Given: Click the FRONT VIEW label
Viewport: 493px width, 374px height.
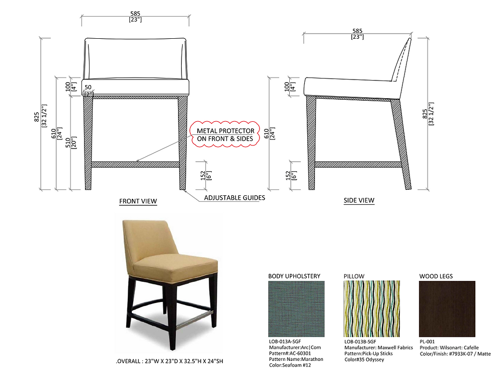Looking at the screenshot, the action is click(x=138, y=201).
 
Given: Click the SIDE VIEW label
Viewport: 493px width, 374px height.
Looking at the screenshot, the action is click(x=359, y=200).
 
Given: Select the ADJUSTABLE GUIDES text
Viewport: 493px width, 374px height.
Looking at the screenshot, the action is click(x=234, y=197).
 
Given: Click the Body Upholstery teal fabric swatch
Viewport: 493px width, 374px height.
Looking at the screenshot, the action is click(x=296, y=309).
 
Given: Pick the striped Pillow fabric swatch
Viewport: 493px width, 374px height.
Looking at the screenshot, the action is click(x=372, y=309).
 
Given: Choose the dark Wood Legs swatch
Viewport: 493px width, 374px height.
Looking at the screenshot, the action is click(x=447, y=309).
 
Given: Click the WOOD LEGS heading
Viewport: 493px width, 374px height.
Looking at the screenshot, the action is click(x=436, y=276).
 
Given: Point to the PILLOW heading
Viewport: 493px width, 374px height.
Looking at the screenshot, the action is click(x=354, y=276).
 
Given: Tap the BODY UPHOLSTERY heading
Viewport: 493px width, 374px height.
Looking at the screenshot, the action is click(x=294, y=276).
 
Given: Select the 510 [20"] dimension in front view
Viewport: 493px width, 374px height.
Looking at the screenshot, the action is click(x=71, y=142).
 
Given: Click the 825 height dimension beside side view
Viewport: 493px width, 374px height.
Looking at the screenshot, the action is click(x=428, y=114).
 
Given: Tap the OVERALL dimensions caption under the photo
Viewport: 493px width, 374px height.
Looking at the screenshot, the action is click(x=170, y=361).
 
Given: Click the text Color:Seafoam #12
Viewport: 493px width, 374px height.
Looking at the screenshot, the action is click(x=290, y=365).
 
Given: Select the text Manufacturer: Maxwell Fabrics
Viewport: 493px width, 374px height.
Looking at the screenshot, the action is click(x=378, y=348).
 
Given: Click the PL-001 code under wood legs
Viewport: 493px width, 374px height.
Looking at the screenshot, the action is click(x=427, y=342).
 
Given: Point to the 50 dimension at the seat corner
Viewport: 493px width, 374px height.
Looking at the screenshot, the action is click(x=88, y=87).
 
